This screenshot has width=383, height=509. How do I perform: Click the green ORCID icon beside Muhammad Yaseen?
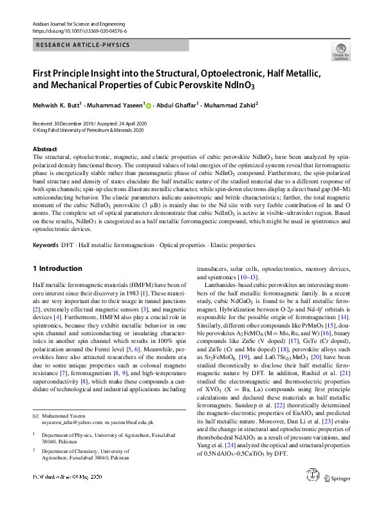149,105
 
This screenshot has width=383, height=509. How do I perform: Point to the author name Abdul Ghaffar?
178,104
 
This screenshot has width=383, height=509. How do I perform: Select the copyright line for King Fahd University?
89,129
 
